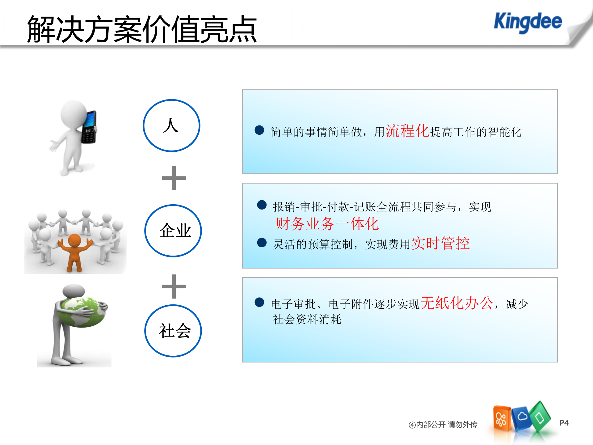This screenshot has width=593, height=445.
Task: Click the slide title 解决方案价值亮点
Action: tap(142, 29)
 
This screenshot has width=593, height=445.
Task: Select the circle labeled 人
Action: tap(171, 125)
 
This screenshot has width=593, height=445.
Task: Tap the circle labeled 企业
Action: tap(173, 231)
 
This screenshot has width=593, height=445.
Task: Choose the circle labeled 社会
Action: tap(173, 331)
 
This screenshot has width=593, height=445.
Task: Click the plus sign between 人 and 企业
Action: tap(174, 178)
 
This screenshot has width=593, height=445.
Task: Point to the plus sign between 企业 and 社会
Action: tap(174, 286)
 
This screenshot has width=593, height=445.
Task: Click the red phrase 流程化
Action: tap(407, 131)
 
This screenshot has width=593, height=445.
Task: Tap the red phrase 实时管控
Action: tap(440, 243)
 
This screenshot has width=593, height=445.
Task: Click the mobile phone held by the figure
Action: tap(89, 127)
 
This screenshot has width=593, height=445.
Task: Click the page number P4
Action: tap(564, 423)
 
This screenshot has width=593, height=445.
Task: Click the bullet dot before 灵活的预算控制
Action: tap(262, 243)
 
